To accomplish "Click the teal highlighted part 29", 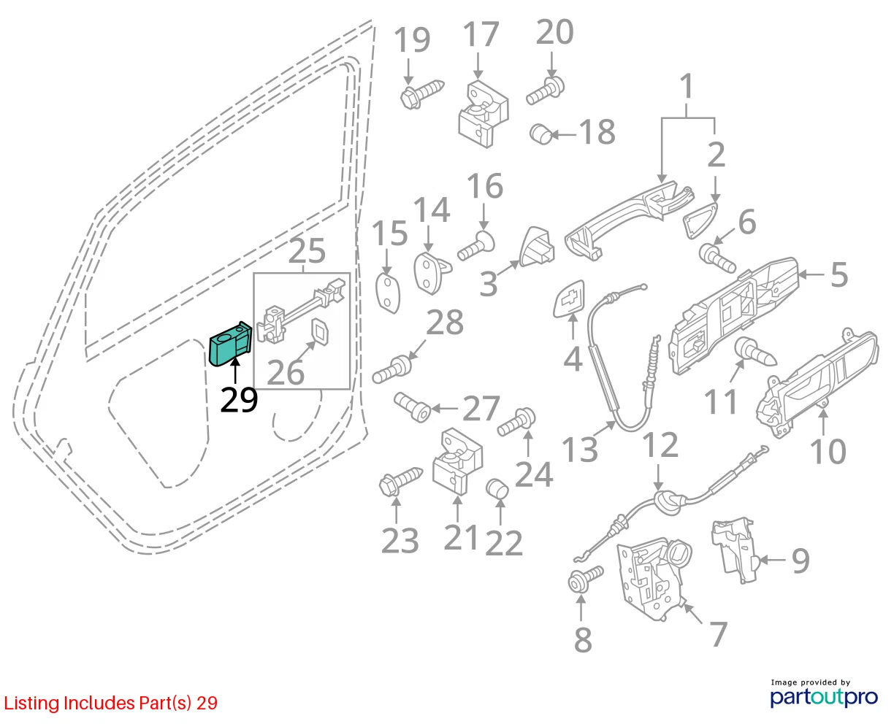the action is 230,344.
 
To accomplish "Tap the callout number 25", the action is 307,251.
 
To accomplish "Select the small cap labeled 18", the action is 540,134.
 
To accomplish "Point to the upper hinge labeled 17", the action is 483,114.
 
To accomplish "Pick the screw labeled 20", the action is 545,91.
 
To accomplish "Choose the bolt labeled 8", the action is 586,579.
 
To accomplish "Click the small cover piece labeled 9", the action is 733,550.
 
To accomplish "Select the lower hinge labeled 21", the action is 457,462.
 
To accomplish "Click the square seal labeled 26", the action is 319,333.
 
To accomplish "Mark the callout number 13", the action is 579,450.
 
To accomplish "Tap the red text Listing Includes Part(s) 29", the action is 111,703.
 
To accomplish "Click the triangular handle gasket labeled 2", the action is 699,220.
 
